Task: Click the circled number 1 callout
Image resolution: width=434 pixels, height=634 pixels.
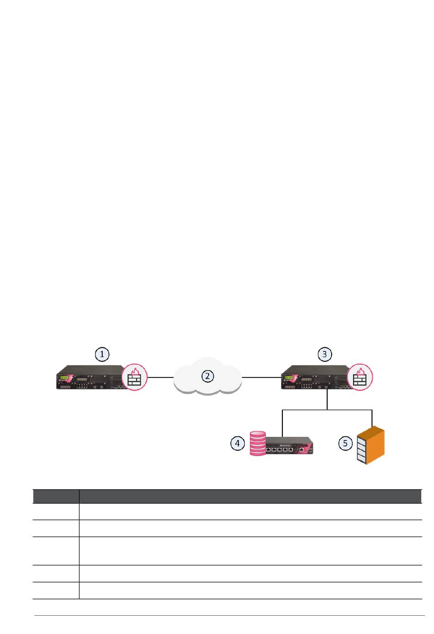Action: pyautogui.click(x=102, y=354)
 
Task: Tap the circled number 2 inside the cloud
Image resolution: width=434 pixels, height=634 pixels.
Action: pyautogui.click(x=207, y=376)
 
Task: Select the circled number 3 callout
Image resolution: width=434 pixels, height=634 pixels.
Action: pyautogui.click(x=324, y=354)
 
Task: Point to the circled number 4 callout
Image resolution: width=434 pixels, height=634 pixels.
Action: pyautogui.click(x=238, y=443)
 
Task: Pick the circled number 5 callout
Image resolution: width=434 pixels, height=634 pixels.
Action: pyautogui.click(x=345, y=443)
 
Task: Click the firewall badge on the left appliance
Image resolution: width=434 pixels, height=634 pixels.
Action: pyautogui.click(x=135, y=377)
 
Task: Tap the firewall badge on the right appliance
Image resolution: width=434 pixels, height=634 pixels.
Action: pyautogui.click(x=360, y=377)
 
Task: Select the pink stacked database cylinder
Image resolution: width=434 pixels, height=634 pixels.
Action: pyautogui.click(x=258, y=443)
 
